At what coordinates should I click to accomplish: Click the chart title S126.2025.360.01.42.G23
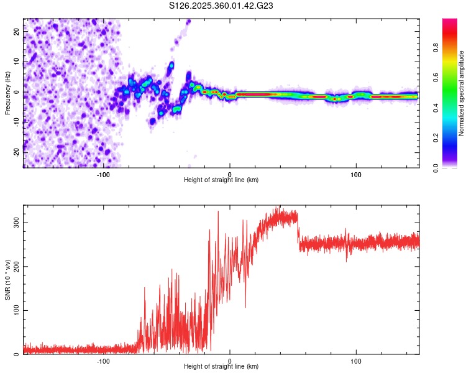[x=222, y=6]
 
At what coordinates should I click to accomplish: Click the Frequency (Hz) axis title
[x=7, y=93]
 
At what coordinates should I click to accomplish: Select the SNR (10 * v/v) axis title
[x=7, y=279]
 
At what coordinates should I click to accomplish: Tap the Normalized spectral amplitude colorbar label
[x=461, y=93]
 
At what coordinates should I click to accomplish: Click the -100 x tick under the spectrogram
[x=103, y=174]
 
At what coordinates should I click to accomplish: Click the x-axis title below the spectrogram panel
[x=221, y=180]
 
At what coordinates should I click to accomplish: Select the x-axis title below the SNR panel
[x=221, y=367]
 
